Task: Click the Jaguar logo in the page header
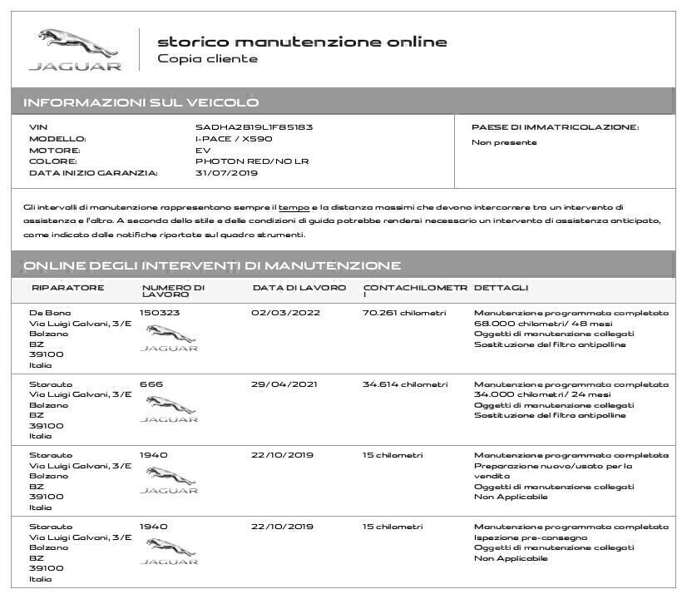click(75, 50)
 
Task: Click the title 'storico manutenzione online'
click(302, 42)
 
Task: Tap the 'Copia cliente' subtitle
click(207, 59)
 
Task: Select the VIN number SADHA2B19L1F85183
click(254, 127)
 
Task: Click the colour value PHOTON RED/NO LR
click(251, 161)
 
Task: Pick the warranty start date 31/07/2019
click(226, 173)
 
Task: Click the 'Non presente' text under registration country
click(504, 142)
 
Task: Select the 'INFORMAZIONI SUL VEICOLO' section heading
click(141, 102)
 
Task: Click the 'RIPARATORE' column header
click(67, 288)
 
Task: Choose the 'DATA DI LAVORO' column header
click(299, 288)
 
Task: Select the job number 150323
click(159, 313)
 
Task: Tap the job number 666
click(151, 384)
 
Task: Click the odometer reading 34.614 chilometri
click(405, 384)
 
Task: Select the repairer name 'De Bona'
click(50, 313)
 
